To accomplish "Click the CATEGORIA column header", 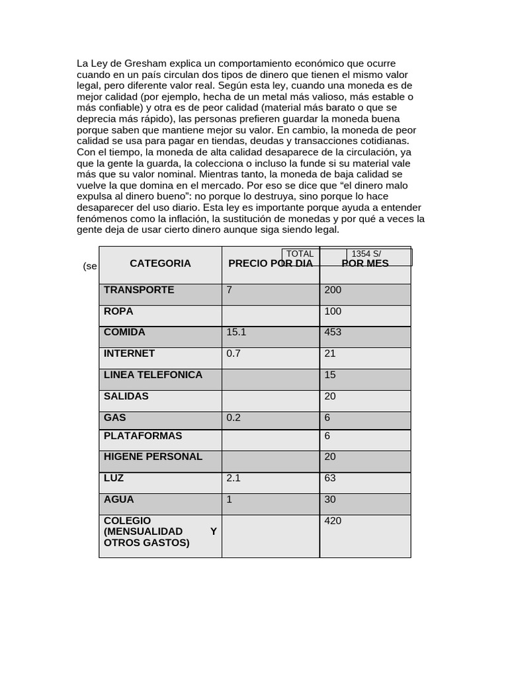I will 160,263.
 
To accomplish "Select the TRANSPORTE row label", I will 139,290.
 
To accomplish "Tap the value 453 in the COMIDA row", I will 333,332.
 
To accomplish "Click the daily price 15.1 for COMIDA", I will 236,332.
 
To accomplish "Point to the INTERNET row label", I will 129,353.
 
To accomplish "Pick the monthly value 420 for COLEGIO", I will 333,521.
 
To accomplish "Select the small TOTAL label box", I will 300,254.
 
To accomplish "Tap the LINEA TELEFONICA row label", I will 153,374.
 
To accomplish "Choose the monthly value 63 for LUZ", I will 331,477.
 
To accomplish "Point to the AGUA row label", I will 119,499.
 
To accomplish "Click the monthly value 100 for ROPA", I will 333,311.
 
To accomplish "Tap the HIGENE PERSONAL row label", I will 153,456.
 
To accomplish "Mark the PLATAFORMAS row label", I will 143,436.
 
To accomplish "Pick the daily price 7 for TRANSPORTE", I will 229,290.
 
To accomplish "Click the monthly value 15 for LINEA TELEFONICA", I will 330,374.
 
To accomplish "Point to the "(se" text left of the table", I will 90,266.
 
